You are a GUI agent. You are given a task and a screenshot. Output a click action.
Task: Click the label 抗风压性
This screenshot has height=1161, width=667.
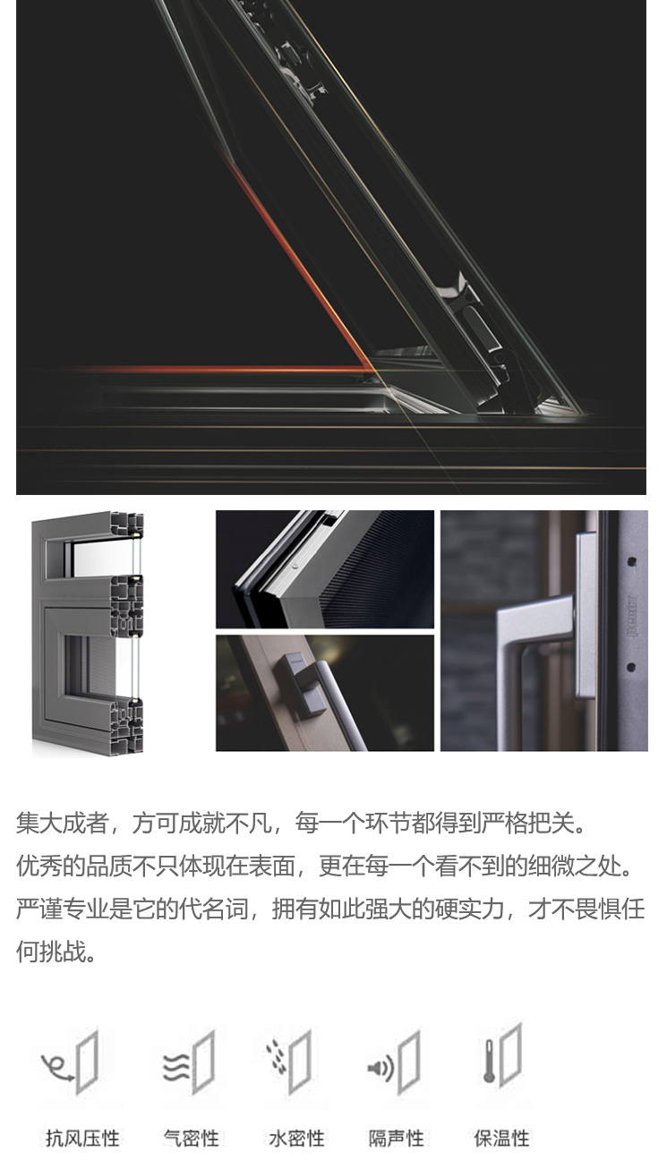pyautogui.click(x=82, y=1139)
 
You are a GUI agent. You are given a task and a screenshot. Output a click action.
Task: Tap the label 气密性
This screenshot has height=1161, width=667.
pyautogui.click(x=191, y=1139)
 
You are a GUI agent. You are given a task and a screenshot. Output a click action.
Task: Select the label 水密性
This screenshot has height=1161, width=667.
pyautogui.click(x=296, y=1139)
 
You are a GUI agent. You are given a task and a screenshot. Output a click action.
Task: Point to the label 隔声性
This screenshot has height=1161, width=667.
pyautogui.click(x=397, y=1139)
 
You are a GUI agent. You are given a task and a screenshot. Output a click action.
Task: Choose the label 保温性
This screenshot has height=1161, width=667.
pyautogui.click(x=501, y=1139)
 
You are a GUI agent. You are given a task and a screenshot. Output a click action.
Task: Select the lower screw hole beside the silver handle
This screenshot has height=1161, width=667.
pyautogui.click(x=631, y=667)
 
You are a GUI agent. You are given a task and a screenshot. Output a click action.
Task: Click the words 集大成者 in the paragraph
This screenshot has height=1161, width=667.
pyautogui.click(x=62, y=823)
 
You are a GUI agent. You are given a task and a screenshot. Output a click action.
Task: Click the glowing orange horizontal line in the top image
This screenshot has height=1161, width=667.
pyautogui.click(x=218, y=369)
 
